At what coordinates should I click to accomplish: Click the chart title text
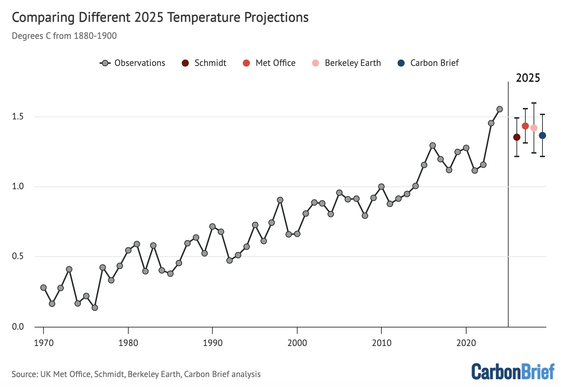[x=160, y=17]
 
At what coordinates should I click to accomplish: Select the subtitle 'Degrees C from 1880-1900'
[x=64, y=36]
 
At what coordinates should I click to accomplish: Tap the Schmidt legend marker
[x=185, y=63]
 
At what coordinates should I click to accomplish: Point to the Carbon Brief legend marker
[x=401, y=63]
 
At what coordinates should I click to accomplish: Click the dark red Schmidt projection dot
[x=517, y=137]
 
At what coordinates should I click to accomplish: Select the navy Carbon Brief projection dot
[x=542, y=135]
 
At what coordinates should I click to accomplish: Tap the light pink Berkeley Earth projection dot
[x=534, y=128]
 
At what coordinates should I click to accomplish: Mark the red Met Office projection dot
[x=525, y=126]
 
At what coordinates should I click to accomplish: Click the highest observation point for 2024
[x=500, y=109]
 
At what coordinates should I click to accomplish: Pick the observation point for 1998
[x=280, y=200]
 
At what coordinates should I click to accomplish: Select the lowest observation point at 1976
[x=95, y=308]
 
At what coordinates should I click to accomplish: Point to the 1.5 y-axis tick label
[x=18, y=117]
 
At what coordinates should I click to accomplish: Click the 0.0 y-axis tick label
[x=18, y=327]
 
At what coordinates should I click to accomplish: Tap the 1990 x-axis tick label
[x=212, y=343]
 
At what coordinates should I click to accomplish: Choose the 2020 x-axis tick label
[x=466, y=343]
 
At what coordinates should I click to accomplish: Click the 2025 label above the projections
[x=528, y=78]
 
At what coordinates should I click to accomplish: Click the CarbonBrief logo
[x=513, y=372]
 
